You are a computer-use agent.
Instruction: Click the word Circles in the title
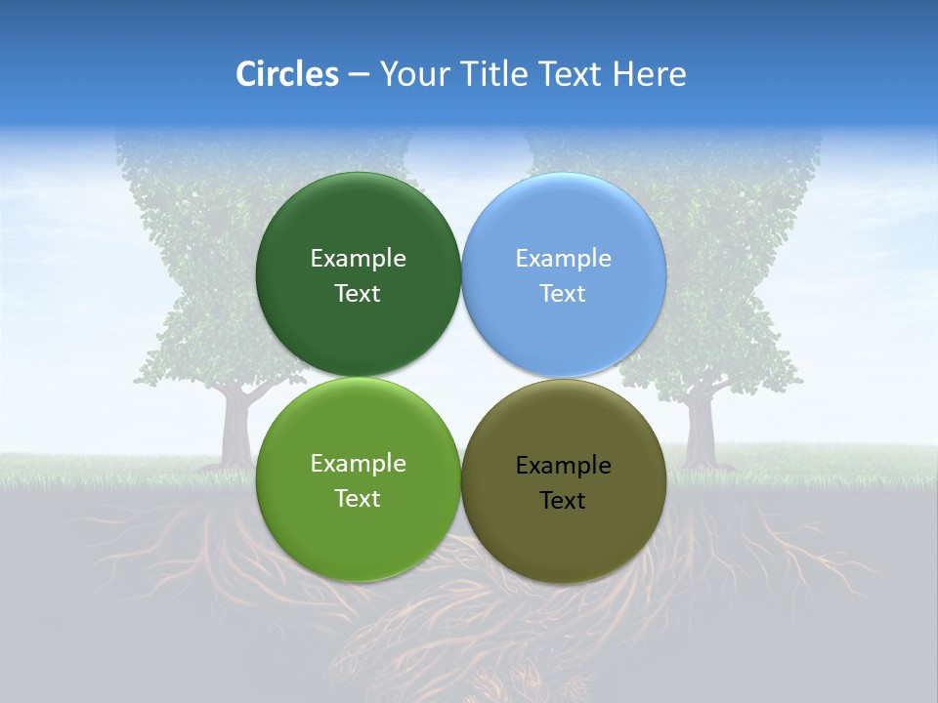tap(287, 74)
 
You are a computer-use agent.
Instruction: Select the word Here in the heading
tap(650, 74)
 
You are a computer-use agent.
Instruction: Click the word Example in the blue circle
tap(564, 259)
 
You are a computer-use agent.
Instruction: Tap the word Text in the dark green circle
tap(358, 294)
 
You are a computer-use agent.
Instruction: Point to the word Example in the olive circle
tap(564, 466)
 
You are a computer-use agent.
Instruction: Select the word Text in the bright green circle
tap(358, 499)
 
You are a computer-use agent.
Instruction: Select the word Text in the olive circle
tap(564, 501)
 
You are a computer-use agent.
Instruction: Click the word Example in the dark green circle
tap(358, 259)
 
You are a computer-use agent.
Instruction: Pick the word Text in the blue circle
tap(564, 294)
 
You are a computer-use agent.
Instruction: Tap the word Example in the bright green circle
tap(358, 464)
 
